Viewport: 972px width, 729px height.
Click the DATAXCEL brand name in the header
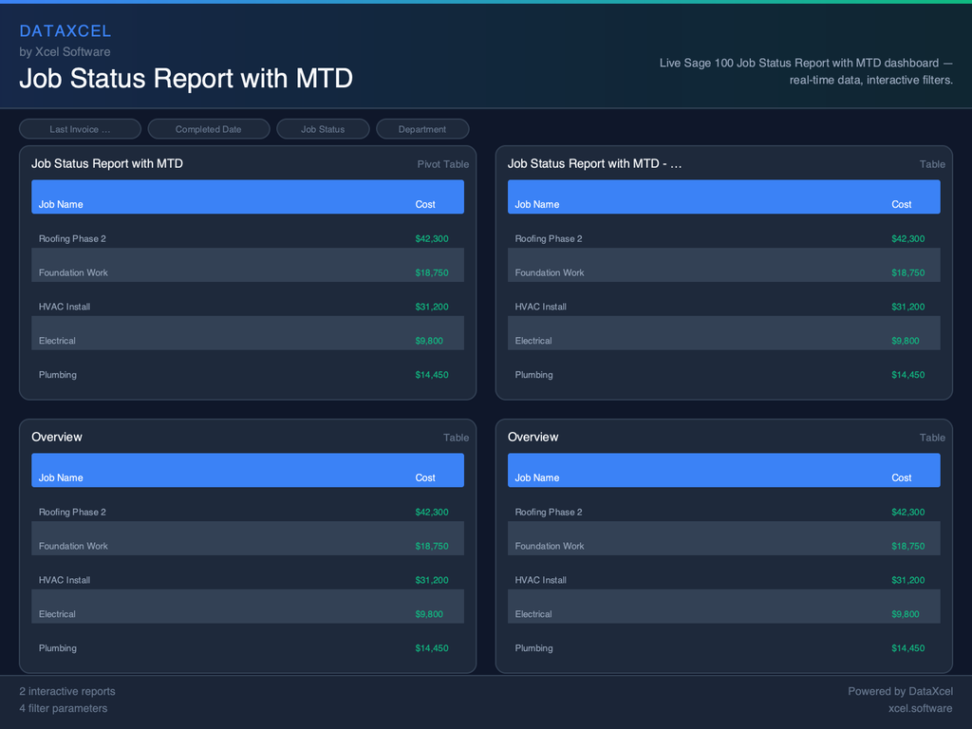click(65, 31)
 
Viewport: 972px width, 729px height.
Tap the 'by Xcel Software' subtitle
click(65, 52)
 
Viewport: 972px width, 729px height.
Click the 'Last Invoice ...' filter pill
click(80, 129)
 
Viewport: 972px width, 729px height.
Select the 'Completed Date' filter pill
click(208, 129)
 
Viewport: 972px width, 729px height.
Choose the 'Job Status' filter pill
click(323, 129)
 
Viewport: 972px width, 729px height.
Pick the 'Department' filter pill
click(422, 129)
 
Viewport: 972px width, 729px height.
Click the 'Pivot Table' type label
click(442, 164)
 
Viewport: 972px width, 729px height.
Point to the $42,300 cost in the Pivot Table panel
click(432, 239)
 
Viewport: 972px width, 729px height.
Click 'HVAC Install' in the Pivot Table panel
click(65, 307)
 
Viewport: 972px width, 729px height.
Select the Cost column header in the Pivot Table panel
click(425, 204)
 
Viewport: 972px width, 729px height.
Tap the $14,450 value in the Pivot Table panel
click(432, 375)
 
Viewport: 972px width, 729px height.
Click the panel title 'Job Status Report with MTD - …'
click(594, 164)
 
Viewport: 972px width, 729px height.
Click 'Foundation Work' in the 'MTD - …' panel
click(550, 272)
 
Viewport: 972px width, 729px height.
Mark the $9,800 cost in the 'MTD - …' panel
click(905, 341)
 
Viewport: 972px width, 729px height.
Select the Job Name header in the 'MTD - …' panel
click(536, 204)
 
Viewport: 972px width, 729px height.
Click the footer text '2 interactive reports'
click(67, 691)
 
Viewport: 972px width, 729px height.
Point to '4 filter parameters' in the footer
click(64, 708)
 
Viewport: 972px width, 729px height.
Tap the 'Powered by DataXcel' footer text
click(900, 691)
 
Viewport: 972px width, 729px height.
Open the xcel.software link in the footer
click(920, 708)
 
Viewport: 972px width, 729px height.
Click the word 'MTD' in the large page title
click(324, 78)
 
